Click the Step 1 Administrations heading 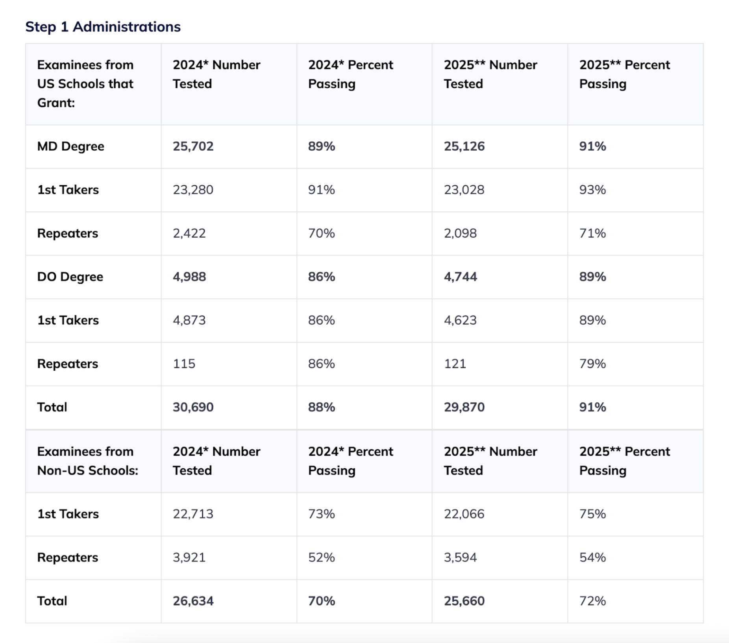pos(103,27)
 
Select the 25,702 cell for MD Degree pos(193,146)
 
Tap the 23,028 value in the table pos(464,190)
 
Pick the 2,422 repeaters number pos(189,233)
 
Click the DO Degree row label pos(70,277)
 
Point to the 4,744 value pos(460,277)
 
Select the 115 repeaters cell pos(184,364)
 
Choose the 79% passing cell pos(592,364)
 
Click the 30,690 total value pos(193,407)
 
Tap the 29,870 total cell pos(464,407)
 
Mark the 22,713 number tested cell pos(193,514)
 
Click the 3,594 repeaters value pos(460,558)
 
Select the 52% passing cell pos(321,558)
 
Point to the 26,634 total pos(193,601)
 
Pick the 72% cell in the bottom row pos(592,601)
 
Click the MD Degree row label pos(70,146)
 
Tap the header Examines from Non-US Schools pos(87,461)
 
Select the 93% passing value pos(592,190)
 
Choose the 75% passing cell pos(592,514)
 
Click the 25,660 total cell pos(464,601)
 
